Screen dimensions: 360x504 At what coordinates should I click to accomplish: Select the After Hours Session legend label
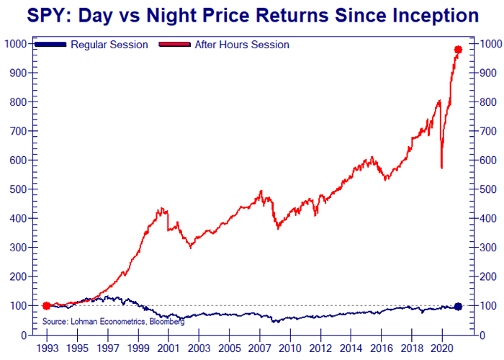[242, 45]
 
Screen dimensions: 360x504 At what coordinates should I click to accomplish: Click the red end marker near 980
[458, 50]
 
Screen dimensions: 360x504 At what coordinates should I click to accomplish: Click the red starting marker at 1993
[47, 306]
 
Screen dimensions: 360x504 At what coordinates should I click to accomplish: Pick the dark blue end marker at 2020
[458, 307]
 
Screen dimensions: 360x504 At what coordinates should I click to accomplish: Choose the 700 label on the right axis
[488, 131]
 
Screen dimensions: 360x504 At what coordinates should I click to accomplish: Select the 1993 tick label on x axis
[46, 348]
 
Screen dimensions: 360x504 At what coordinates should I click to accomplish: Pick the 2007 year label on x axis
[258, 348]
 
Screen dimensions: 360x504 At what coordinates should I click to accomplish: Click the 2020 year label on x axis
[440, 348]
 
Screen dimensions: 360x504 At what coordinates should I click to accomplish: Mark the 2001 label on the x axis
[168, 348]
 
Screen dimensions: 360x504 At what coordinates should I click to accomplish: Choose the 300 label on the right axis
[488, 248]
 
